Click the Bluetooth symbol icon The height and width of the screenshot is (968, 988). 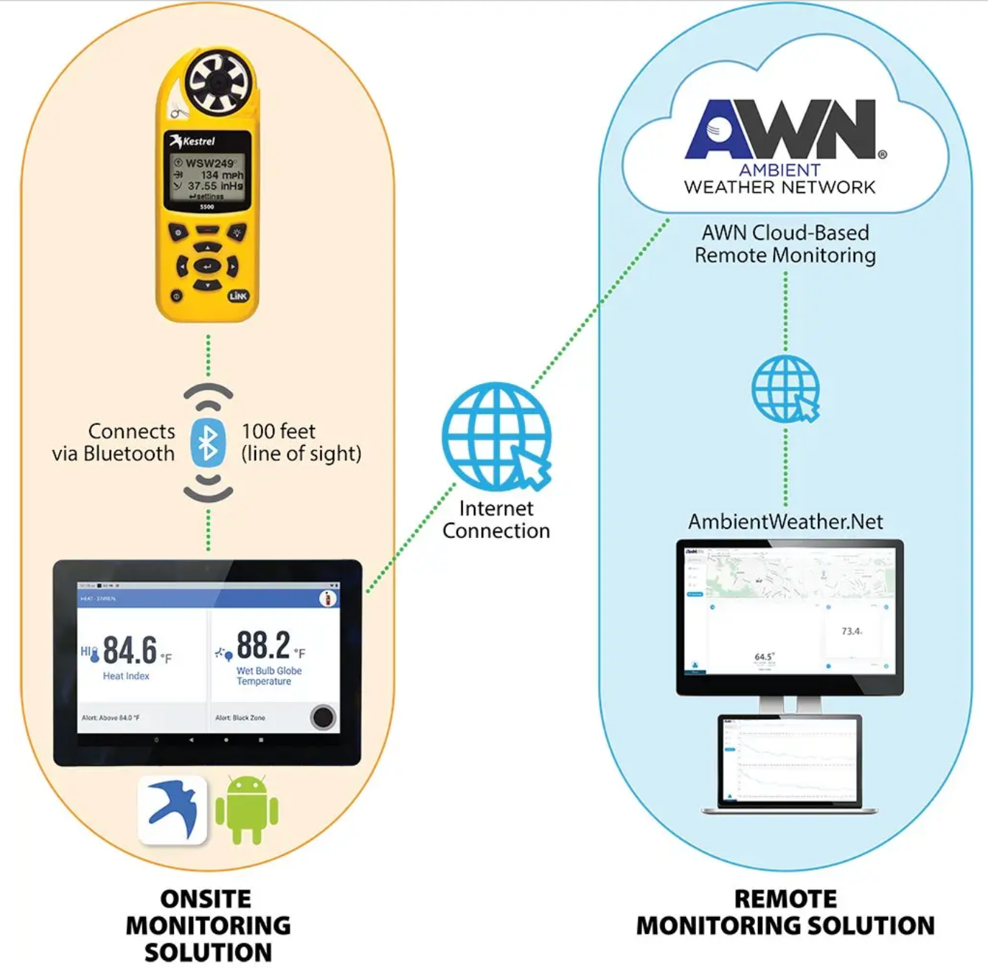coord(208,442)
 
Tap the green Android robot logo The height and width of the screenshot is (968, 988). coord(247,810)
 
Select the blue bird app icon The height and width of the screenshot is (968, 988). coord(173,810)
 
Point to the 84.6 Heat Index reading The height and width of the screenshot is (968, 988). coord(130,650)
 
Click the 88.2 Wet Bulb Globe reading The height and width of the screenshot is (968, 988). coord(263,645)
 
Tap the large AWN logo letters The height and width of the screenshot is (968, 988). coord(780,129)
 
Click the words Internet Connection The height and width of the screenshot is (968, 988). coord(496,519)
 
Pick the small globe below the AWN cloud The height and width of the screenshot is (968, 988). coord(785,388)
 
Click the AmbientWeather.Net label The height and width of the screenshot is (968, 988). coord(785,521)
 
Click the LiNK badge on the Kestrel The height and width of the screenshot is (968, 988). coord(238,296)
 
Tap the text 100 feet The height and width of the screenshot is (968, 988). coord(278,432)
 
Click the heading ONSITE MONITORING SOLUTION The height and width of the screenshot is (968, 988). coord(208,926)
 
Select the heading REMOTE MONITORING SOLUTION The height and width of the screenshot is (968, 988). coord(785,913)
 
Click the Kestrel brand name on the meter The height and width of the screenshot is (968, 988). coord(198,141)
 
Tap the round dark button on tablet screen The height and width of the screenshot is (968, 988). coord(323,717)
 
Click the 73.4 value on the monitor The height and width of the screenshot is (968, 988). coord(851,631)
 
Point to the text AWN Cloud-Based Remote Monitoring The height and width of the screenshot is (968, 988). coord(785,244)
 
